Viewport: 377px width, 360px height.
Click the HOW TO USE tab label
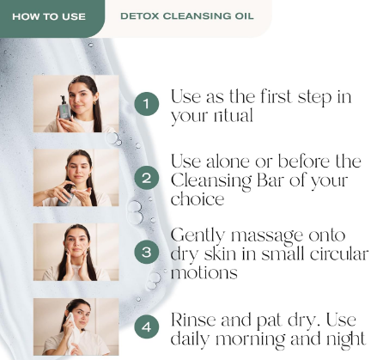(x=49, y=16)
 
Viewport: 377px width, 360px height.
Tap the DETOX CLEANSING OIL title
(x=187, y=16)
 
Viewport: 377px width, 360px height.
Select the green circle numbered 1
(x=147, y=104)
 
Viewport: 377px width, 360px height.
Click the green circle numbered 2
(x=147, y=178)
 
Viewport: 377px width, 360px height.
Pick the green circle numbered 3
(x=147, y=252)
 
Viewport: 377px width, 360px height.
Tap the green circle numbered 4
(x=147, y=326)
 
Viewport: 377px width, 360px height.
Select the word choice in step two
(x=198, y=198)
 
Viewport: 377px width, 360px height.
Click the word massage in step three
(x=266, y=236)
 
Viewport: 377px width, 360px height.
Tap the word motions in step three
(x=204, y=272)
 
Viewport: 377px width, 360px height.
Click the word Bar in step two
(x=271, y=180)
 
